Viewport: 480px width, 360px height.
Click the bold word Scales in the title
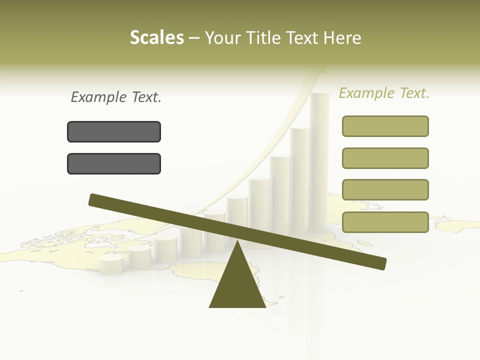coord(157,38)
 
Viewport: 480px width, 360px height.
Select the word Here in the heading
coord(342,38)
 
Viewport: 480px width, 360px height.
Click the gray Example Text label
coord(116,97)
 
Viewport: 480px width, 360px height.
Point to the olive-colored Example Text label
coord(384,93)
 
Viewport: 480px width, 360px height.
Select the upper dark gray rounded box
coord(114,131)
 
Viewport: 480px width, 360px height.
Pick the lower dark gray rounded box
coord(114,163)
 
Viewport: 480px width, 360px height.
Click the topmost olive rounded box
coord(385,126)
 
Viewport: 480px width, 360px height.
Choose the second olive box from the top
coord(385,158)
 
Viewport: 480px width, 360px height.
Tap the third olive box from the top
coord(385,190)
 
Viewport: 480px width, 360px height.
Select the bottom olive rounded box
coord(385,222)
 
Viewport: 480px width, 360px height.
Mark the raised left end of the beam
coord(95,199)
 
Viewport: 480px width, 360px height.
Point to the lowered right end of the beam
coord(379,263)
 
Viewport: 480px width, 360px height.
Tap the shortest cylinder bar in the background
coord(111,265)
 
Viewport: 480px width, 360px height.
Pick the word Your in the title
coord(223,38)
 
